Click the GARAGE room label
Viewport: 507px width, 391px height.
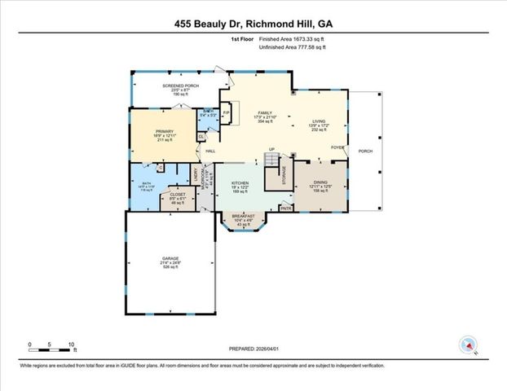170,258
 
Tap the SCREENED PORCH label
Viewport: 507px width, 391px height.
180,86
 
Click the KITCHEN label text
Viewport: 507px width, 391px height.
239,183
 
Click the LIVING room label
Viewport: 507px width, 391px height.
319,122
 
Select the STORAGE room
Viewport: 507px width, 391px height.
284,177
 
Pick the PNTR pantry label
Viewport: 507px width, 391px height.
285,208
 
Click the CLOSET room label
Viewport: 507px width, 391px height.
178,195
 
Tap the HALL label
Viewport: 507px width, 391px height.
210,152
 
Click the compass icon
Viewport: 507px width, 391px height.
468,345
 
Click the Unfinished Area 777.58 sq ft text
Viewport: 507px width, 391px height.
291,48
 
